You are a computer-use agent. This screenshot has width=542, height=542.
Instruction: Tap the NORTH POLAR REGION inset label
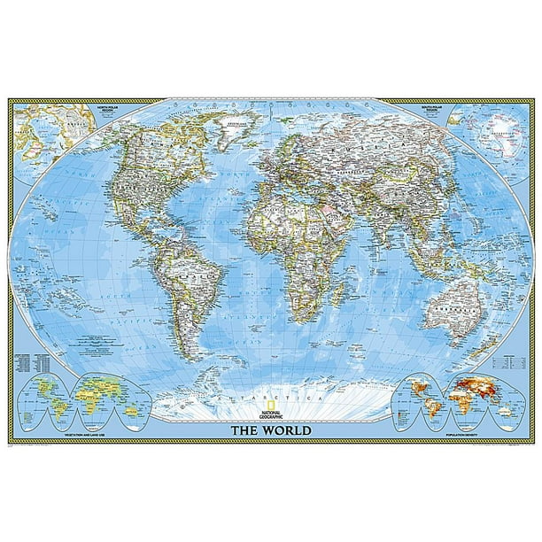tap(96, 109)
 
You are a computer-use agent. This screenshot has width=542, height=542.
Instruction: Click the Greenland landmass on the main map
tap(232, 125)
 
